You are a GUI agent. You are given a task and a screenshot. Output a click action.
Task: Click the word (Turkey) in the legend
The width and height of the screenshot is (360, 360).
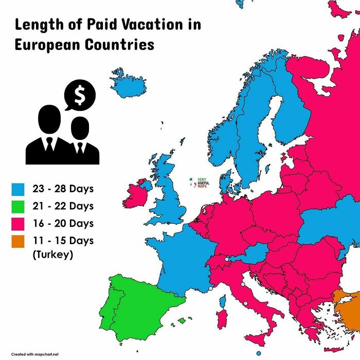[51, 255]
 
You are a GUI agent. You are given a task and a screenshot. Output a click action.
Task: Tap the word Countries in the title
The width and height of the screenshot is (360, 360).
[119, 44]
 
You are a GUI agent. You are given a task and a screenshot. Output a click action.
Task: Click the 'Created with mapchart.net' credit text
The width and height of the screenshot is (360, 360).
[35, 354]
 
